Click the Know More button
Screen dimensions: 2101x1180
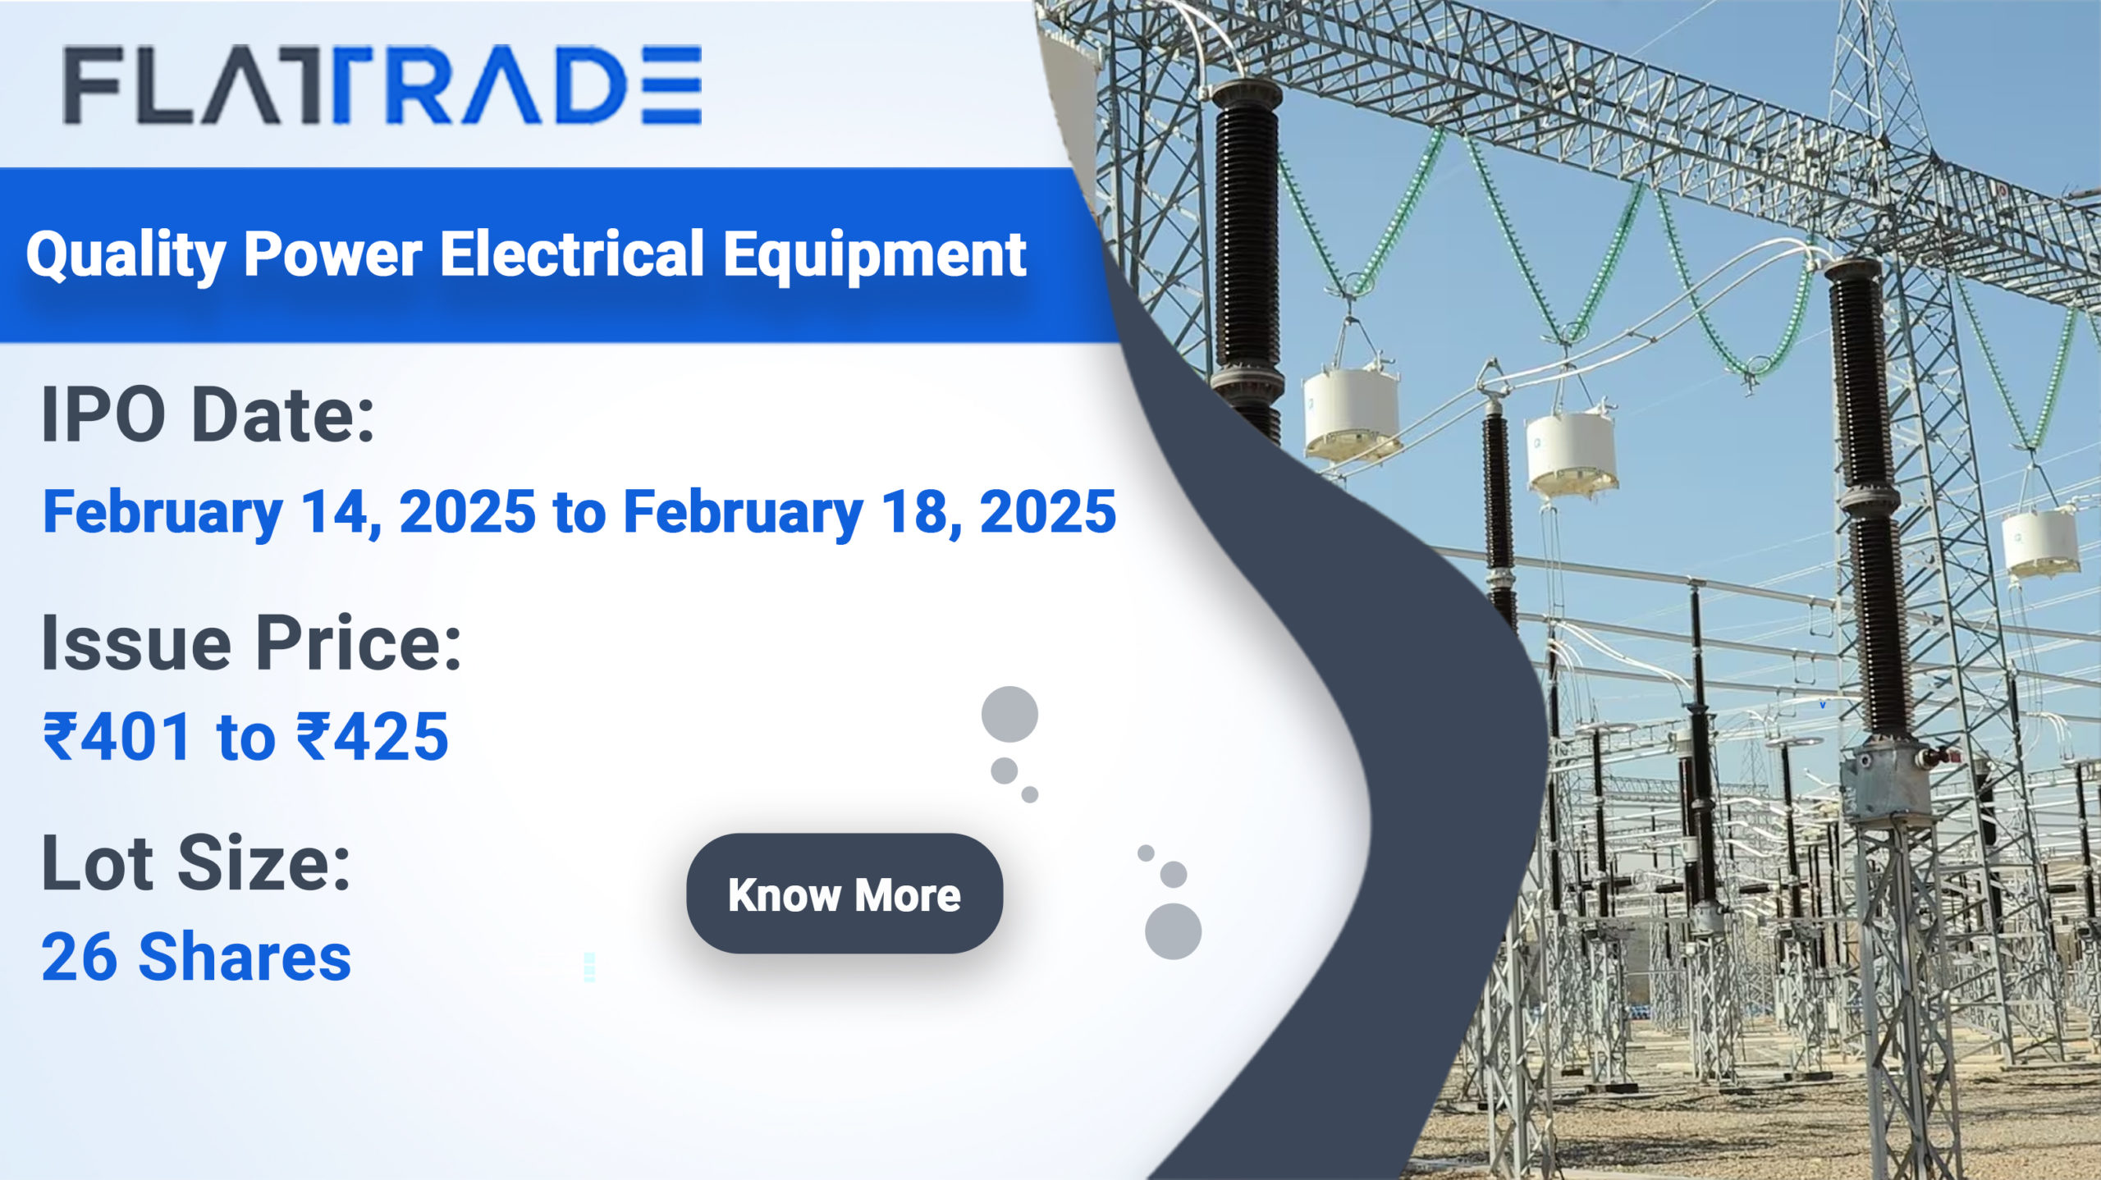pyautogui.click(x=845, y=894)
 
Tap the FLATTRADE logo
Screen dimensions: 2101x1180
pyautogui.click(x=382, y=85)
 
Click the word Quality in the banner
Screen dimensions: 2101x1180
pyautogui.click(x=126, y=255)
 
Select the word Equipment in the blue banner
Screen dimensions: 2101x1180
pyautogui.click(x=875, y=255)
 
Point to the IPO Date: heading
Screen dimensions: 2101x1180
pyautogui.click(x=208, y=415)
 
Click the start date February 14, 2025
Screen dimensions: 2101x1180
pyautogui.click(x=289, y=512)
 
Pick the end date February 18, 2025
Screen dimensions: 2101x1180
pyautogui.click(x=870, y=512)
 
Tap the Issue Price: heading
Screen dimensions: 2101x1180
pyautogui.click(x=251, y=643)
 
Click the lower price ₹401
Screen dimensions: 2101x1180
pyautogui.click(x=118, y=736)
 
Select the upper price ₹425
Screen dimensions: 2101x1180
pyautogui.click(x=373, y=736)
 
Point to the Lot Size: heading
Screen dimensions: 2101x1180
pyautogui.click(x=196, y=863)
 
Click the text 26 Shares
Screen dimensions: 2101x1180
pyautogui.click(x=196, y=957)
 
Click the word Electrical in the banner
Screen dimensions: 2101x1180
pyautogui.click(x=572, y=254)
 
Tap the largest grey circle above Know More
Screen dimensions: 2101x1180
pyautogui.click(x=1009, y=715)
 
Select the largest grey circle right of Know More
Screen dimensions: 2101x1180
pyautogui.click(x=1173, y=931)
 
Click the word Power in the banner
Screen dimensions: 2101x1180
pyautogui.click(x=333, y=255)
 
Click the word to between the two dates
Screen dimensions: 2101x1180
pyautogui.click(x=579, y=514)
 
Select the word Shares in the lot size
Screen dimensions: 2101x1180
pyautogui.click(x=245, y=957)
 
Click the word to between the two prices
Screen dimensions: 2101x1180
pyautogui.click(x=245, y=738)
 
